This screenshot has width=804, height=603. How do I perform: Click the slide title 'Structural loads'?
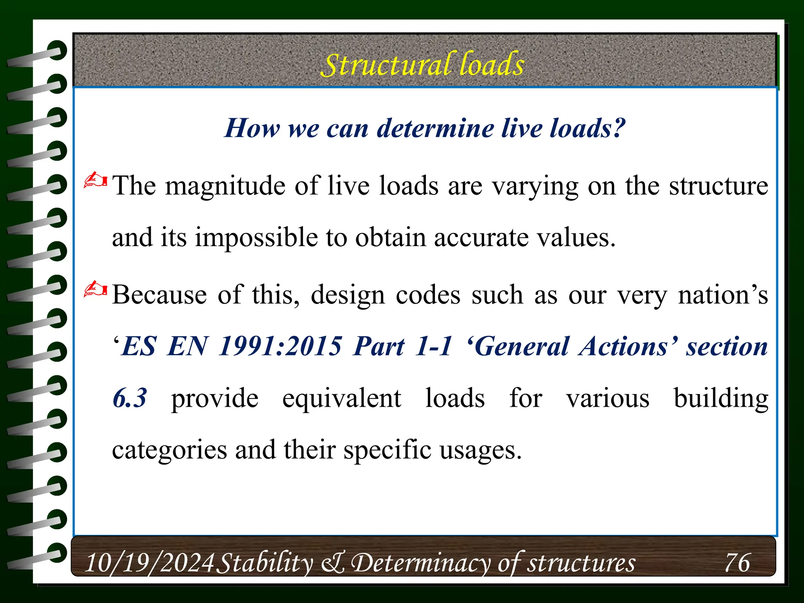422,64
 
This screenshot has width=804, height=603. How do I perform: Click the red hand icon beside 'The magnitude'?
95,180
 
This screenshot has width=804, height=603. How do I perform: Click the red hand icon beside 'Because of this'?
95,289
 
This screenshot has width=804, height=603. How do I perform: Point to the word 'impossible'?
256,238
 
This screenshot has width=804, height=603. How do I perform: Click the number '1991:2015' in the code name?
280,347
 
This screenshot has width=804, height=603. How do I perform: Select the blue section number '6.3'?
130,398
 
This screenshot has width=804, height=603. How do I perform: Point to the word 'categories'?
169,450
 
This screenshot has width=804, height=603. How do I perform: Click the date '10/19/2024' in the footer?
150,563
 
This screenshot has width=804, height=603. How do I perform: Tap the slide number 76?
737,563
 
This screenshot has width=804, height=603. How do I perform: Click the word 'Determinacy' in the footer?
421,563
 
